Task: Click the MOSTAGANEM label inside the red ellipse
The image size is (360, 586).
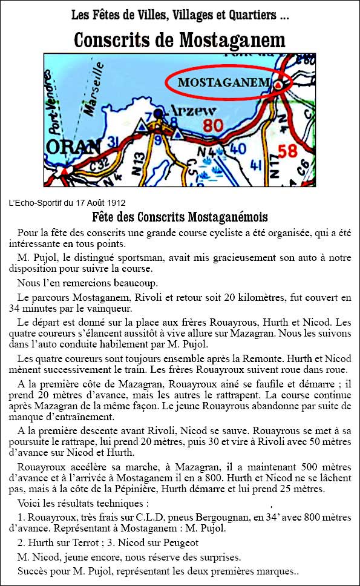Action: (x=223, y=82)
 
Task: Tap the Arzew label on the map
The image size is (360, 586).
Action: (x=192, y=111)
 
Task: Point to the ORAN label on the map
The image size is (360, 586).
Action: (x=73, y=146)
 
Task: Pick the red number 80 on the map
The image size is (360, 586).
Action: (x=213, y=125)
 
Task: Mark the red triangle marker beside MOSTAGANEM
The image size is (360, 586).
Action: (x=278, y=85)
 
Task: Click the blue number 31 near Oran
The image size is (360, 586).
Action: (x=113, y=142)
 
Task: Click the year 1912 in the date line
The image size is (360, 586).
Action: (x=117, y=203)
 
